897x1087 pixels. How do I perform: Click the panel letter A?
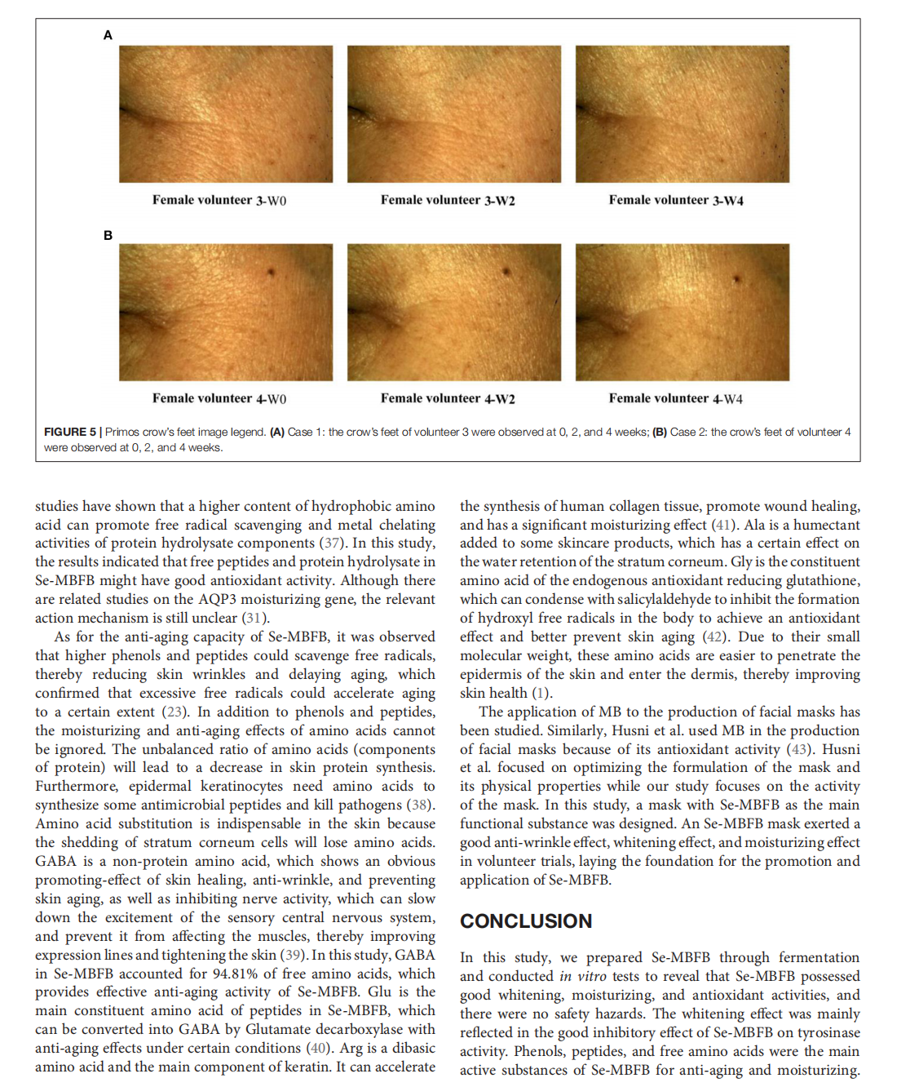click(108, 35)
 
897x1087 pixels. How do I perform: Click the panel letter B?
click(108, 235)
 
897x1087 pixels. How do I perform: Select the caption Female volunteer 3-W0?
click(219, 200)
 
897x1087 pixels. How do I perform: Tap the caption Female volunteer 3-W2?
click(448, 200)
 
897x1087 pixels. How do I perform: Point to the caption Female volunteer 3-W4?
click(676, 200)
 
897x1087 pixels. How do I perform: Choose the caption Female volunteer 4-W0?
click(219, 398)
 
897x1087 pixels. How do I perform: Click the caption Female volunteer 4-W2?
click(448, 398)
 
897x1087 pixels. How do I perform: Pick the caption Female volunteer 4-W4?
click(676, 398)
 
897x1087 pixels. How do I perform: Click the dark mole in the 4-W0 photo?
click(270, 272)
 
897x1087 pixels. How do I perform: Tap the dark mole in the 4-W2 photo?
click(506, 272)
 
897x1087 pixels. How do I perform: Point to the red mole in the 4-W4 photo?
click(736, 279)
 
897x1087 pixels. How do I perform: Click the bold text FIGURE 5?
click(70, 432)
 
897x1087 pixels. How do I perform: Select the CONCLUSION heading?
click(526, 921)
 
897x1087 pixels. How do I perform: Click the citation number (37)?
click(331, 543)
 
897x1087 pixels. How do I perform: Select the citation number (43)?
click(800, 748)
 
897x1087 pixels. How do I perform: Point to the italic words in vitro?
click(582, 976)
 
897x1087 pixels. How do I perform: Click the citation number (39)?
click(294, 954)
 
